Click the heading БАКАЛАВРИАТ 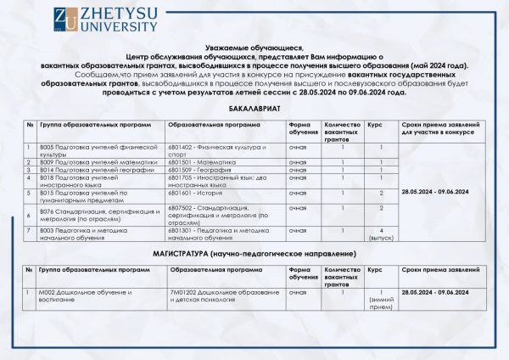(254, 110)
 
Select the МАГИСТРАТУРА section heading (254, 254)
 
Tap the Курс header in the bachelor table (375, 124)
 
